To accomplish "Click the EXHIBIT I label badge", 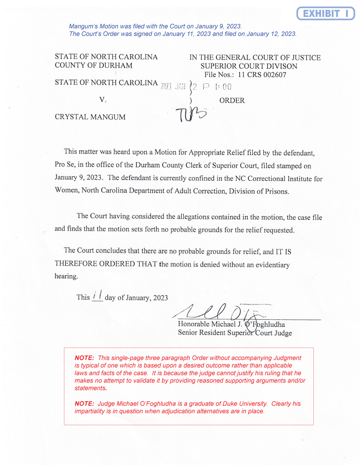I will (325, 14).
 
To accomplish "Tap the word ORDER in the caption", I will (232, 101).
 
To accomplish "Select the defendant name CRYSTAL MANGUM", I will (90, 117).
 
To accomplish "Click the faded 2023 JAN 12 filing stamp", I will (195, 87).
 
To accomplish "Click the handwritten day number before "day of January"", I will (97, 296).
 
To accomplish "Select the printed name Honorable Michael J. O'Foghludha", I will (231, 325).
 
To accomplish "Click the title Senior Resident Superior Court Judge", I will (235, 333).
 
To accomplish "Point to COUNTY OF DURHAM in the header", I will (93, 66).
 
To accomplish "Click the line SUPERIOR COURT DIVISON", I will (249, 66).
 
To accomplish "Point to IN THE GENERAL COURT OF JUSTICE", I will (255, 58).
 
